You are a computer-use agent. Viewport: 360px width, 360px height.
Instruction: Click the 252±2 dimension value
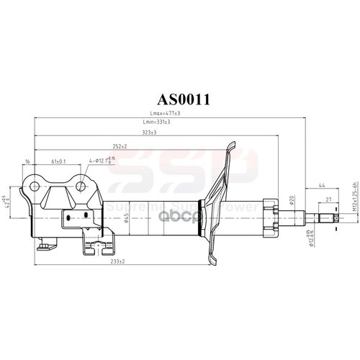pyautogui.click(x=120, y=147)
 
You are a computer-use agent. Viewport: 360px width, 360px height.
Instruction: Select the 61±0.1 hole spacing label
pyautogui.click(x=60, y=162)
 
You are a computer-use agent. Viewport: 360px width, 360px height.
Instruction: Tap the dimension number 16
pyautogui.click(x=27, y=162)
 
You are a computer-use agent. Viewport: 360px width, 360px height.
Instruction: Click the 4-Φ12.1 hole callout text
pyautogui.click(x=101, y=163)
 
